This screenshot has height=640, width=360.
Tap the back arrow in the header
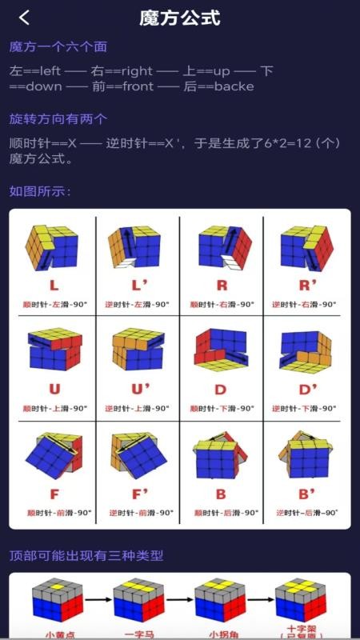(25, 18)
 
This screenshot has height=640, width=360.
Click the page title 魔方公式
(179, 18)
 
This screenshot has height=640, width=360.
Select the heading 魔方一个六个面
(58, 47)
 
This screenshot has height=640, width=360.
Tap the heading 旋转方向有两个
(58, 119)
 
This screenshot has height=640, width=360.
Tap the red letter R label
(222, 286)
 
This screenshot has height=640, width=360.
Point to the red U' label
(140, 390)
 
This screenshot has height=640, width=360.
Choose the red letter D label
(222, 390)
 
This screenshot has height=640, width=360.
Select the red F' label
(140, 494)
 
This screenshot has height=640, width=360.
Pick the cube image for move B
(222, 456)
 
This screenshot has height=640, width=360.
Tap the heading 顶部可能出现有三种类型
(86, 555)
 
